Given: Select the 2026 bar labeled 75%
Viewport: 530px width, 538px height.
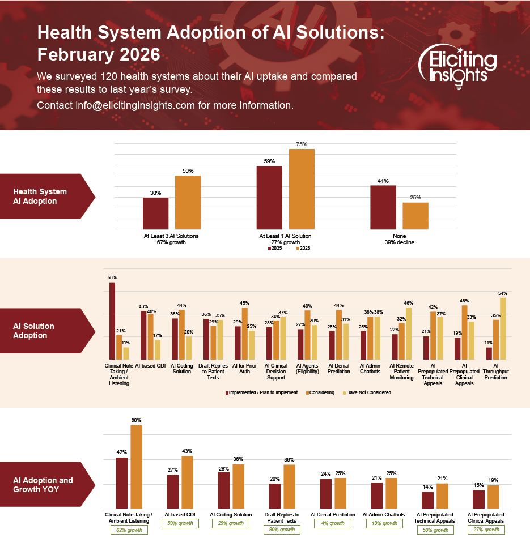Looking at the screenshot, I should pyautogui.click(x=302, y=189).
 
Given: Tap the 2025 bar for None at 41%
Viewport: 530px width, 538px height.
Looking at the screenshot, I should pyautogui.click(x=383, y=207).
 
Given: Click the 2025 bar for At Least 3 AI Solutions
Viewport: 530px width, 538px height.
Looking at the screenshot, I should pyautogui.click(x=155, y=213).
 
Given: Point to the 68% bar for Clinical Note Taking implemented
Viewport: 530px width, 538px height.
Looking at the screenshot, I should pyautogui.click(x=112, y=321).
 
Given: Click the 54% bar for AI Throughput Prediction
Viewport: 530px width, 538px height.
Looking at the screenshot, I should pyautogui.click(x=502, y=328).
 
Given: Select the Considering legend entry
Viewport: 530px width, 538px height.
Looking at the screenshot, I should pyautogui.click(x=321, y=392).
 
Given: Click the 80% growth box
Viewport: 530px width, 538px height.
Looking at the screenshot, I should pyautogui.click(x=281, y=530).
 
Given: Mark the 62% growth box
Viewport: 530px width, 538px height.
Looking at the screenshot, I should pyautogui.click(x=129, y=530).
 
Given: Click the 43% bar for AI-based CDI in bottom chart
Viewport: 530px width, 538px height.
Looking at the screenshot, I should pyautogui.click(x=187, y=482).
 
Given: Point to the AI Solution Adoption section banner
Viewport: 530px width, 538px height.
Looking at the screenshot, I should pyautogui.click(x=42, y=331).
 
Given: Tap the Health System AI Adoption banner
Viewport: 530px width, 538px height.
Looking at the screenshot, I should pyautogui.click(x=42, y=196).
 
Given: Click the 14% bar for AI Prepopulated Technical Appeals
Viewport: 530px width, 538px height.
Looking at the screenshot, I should pyautogui.click(x=428, y=500).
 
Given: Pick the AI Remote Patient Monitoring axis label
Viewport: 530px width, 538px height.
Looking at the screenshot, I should pyautogui.click(x=402, y=372).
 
